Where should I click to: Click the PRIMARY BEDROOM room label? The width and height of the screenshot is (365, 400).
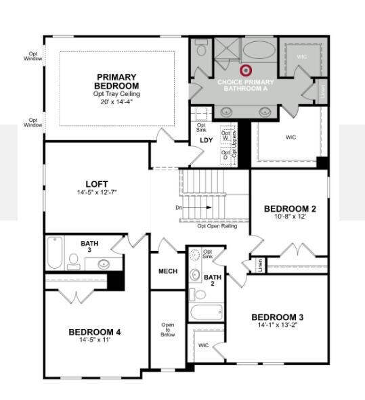coord(117,81)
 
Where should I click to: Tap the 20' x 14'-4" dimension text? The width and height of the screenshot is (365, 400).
coord(117,102)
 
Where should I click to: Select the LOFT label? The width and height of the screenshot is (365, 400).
coord(97,184)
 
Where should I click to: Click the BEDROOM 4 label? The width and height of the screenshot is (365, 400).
coord(95,332)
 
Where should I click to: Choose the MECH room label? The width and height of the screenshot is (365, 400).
coord(168,271)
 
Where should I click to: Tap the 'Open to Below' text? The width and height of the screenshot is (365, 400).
coord(168,330)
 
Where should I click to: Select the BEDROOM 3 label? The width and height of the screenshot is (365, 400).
coord(277,317)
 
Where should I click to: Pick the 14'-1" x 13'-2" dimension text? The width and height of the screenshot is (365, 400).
coord(277,326)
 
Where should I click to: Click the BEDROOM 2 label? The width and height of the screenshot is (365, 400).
coord(290,208)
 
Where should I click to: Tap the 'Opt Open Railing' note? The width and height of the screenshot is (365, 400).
coord(217,227)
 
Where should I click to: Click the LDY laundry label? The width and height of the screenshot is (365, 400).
coord(207,141)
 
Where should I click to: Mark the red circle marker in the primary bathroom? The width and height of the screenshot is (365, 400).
coord(246,70)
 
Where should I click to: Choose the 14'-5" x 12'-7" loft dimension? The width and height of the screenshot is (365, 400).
coord(97,193)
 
